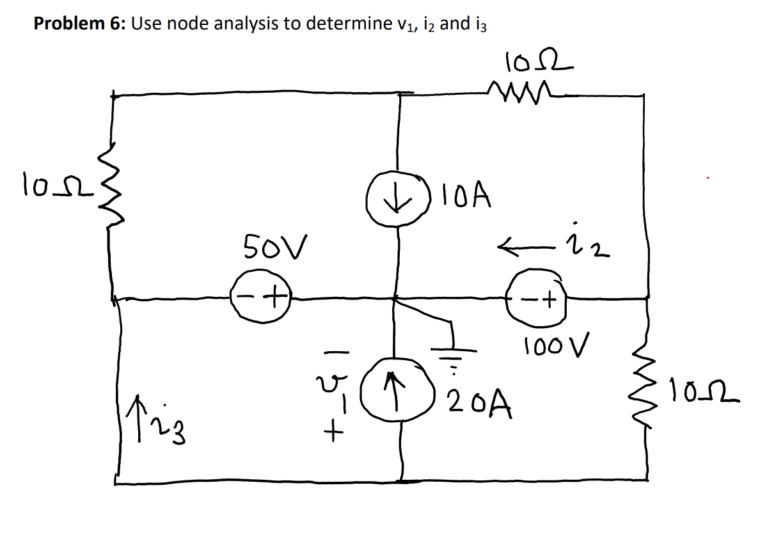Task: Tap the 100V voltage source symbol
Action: click(x=537, y=298)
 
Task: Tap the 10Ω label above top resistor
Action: click(x=535, y=62)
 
